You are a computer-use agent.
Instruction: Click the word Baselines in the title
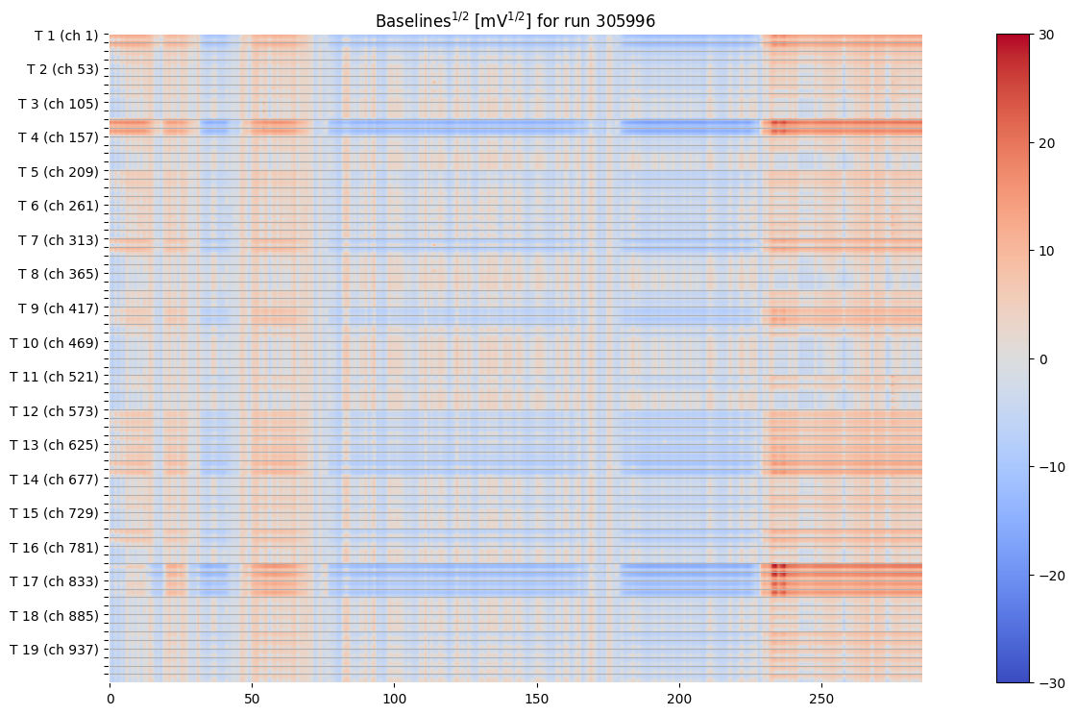click(408, 20)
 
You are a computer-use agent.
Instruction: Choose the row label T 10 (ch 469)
click(54, 342)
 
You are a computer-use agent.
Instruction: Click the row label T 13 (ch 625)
click(54, 445)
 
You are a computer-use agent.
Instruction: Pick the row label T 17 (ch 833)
click(54, 581)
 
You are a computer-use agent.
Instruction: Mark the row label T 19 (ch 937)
click(54, 650)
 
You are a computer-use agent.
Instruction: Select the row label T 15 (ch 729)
click(54, 513)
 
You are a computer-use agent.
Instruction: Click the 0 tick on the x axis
click(110, 695)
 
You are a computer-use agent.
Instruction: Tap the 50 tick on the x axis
click(252, 695)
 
